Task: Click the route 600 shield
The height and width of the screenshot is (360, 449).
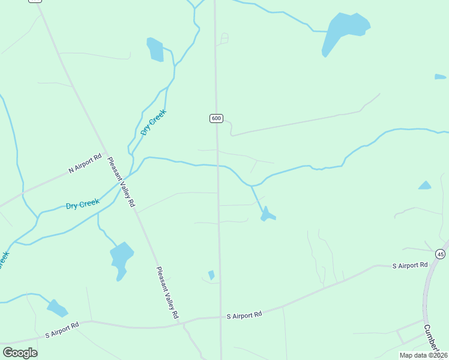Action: [x=217, y=118]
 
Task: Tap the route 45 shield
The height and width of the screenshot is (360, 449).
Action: [x=441, y=254]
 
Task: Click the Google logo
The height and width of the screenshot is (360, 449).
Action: [x=20, y=352]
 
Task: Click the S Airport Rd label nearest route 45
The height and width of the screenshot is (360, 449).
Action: [x=410, y=265]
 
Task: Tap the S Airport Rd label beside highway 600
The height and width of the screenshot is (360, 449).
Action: [x=244, y=315]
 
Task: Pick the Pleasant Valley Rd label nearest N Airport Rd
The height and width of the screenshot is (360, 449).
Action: [x=121, y=182]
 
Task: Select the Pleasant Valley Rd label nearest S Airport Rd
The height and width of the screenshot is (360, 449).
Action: [x=167, y=292]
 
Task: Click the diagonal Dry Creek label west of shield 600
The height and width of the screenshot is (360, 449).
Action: [x=153, y=122]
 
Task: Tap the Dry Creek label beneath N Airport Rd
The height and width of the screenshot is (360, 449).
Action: [x=82, y=205]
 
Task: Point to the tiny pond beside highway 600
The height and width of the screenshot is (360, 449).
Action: [x=211, y=275]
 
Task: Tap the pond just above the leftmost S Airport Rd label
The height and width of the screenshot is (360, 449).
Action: [x=57, y=308]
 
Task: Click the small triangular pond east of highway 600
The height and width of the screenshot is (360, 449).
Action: [x=425, y=185]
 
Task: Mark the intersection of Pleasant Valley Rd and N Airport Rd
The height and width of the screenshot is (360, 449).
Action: [x=107, y=154]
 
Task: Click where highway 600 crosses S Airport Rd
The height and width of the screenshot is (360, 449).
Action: [x=220, y=317]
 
